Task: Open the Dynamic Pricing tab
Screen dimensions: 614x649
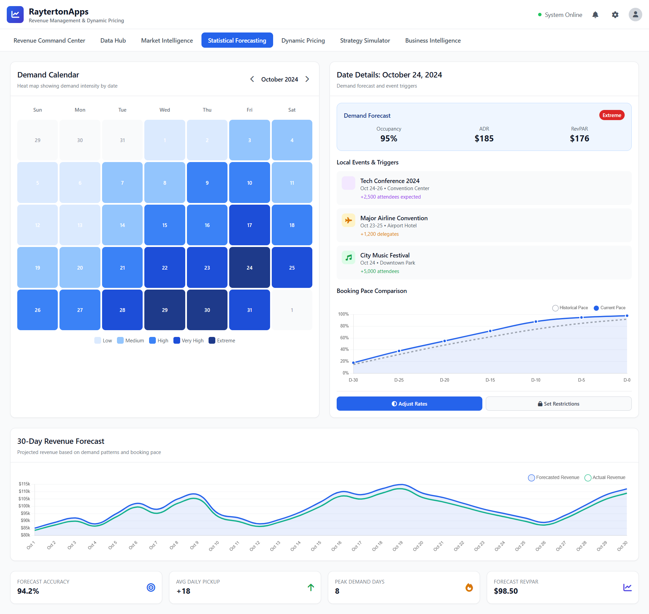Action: pyautogui.click(x=303, y=41)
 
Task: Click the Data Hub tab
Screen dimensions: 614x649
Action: pyautogui.click(x=113, y=41)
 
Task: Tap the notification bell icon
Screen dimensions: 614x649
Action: pyautogui.click(x=595, y=15)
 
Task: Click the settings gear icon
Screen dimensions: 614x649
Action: pyautogui.click(x=615, y=15)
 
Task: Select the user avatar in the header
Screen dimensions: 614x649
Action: pyautogui.click(x=635, y=15)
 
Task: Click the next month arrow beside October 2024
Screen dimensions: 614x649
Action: pyautogui.click(x=307, y=79)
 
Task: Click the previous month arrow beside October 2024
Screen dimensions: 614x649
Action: pyautogui.click(x=252, y=79)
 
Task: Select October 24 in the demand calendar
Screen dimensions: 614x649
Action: pyautogui.click(x=249, y=268)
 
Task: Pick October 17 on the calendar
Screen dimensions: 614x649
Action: pyautogui.click(x=249, y=225)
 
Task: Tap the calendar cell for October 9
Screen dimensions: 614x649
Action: pyautogui.click(x=207, y=183)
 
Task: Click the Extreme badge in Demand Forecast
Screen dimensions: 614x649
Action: pyautogui.click(x=611, y=115)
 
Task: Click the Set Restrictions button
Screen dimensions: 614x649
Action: pyautogui.click(x=558, y=404)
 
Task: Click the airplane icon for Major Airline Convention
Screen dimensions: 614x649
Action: pyautogui.click(x=348, y=220)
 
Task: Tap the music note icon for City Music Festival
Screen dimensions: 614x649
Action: pyautogui.click(x=348, y=257)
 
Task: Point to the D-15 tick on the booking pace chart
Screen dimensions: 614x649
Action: pyautogui.click(x=490, y=380)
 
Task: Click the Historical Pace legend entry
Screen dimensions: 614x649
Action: pyautogui.click(x=570, y=308)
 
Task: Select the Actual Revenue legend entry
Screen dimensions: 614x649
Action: pyautogui.click(x=605, y=477)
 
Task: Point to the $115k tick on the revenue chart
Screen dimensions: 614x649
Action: pyautogui.click(x=25, y=484)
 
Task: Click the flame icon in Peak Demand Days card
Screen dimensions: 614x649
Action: pyautogui.click(x=469, y=588)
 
